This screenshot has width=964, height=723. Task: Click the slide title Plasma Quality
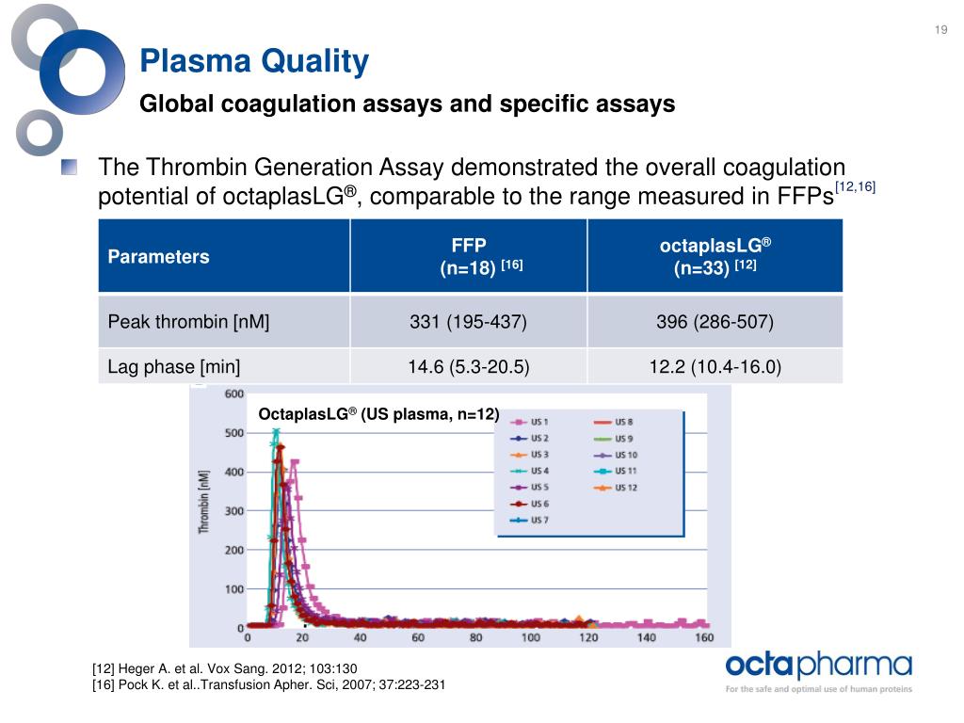point(254,62)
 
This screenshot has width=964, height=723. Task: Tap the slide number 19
point(940,32)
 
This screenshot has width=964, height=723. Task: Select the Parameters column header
point(159,257)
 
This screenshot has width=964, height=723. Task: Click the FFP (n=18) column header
point(469,256)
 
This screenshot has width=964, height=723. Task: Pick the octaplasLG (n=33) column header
point(715,256)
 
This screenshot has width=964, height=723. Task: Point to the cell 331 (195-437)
point(468,322)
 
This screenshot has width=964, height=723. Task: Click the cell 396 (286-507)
point(715,322)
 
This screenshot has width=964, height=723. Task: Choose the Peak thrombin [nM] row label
point(189,322)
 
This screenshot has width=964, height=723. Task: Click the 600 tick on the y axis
point(233,394)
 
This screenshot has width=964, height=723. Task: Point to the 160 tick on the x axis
point(703,638)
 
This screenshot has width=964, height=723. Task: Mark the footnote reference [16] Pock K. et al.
point(268,684)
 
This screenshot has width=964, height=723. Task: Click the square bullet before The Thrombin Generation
point(70,169)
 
